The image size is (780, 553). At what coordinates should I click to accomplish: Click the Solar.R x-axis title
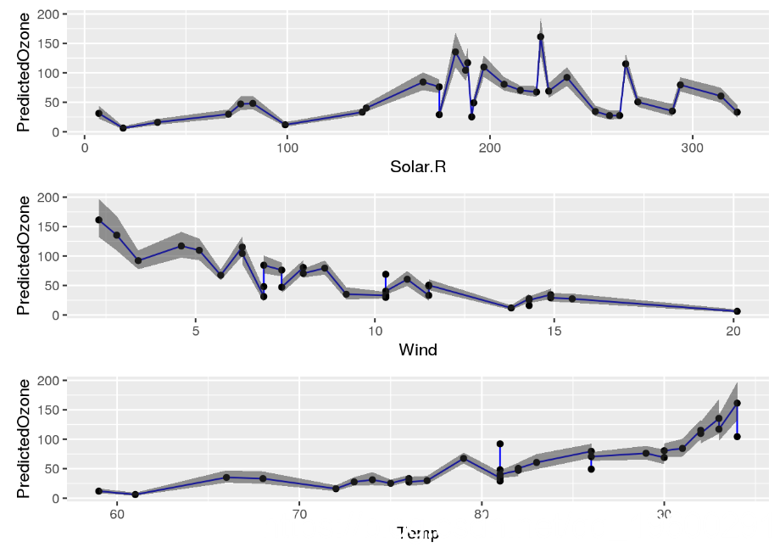(417, 167)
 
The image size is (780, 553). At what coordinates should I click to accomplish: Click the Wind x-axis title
(417, 349)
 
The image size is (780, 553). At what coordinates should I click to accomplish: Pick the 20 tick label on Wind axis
(734, 331)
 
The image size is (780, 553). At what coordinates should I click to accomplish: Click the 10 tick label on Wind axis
(375, 331)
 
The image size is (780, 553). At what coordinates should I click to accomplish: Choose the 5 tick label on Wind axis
(196, 331)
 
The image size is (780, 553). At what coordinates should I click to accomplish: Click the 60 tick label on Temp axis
(117, 514)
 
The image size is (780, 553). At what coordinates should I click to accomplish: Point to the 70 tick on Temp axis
(299, 514)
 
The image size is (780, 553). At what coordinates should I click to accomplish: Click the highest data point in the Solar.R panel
(540, 36)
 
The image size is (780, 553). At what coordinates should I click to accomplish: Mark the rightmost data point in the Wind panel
(737, 311)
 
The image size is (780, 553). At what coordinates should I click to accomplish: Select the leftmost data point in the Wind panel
(98, 220)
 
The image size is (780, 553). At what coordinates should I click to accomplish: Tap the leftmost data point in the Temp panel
(98, 491)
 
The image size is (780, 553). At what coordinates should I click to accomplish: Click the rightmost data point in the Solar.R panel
(737, 112)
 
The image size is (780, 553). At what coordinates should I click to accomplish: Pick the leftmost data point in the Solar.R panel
(98, 113)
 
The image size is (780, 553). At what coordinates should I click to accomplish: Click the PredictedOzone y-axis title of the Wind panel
(24, 255)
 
